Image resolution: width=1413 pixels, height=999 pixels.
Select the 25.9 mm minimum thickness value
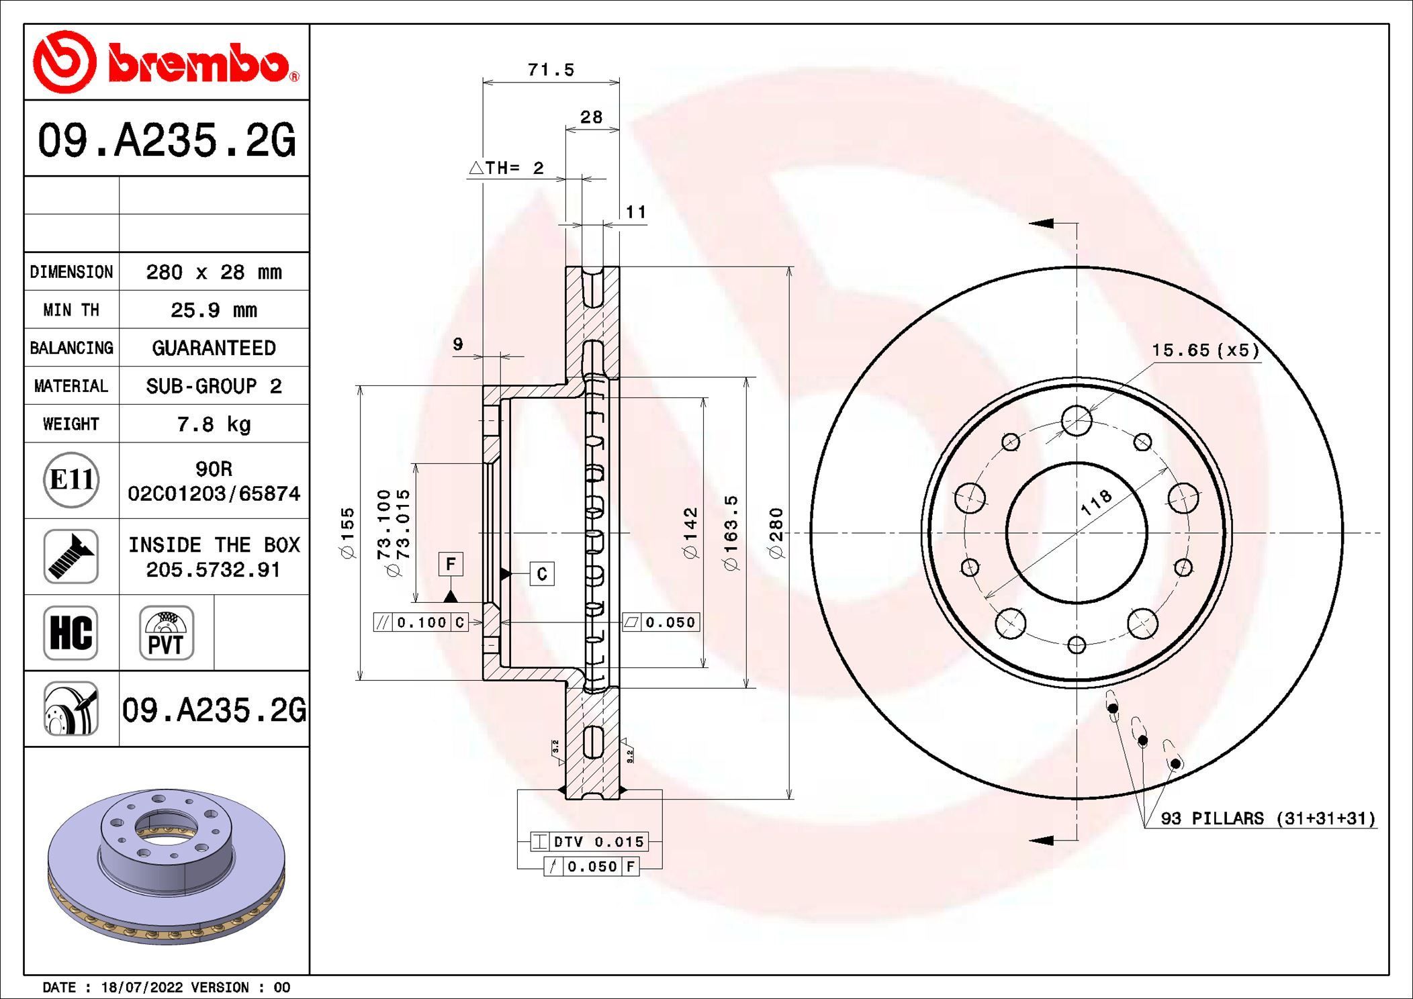click(x=214, y=310)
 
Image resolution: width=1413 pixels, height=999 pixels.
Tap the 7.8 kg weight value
click(x=214, y=424)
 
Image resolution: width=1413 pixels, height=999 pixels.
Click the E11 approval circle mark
click(x=71, y=480)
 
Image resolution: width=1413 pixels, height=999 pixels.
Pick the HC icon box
click(x=71, y=632)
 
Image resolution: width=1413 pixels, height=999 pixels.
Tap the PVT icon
click(x=166, y=632)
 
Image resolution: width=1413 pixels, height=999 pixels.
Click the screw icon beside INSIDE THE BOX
click(x=71, y=556)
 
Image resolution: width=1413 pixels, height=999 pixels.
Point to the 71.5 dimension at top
click(x=551, y=70)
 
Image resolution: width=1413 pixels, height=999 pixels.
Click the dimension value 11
click(x=635, y=212)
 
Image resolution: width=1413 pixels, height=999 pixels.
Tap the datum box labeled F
click(x=451, y=564)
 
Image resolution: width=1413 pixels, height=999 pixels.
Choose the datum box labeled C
click(x=542, y=574)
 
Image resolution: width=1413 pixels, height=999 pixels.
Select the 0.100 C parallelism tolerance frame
click(x=421, y=622)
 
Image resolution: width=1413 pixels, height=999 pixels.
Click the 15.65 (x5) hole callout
click(x=1205, y=350)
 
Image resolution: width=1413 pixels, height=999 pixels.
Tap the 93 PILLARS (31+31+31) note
click(x=1268, y=818)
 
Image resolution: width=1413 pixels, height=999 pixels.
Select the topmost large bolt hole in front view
click(x=1077, y=421)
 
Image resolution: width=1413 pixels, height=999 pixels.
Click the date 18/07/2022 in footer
click(x=142, y=988)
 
